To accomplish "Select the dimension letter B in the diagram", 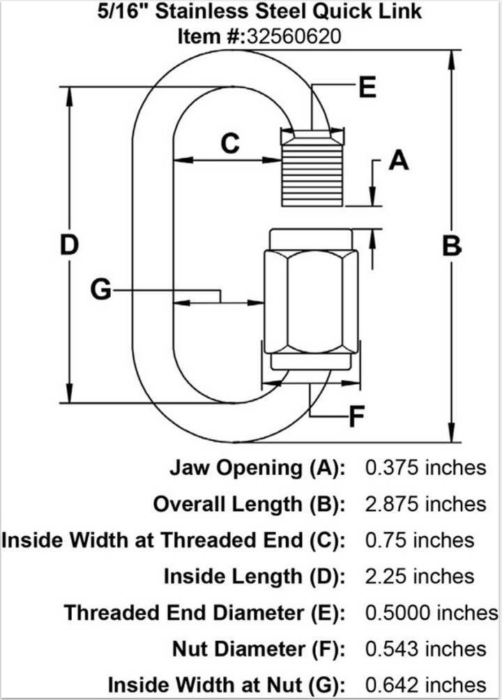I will (452, 245).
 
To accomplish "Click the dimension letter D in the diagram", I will (68, 245).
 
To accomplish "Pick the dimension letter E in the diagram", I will (365, 88).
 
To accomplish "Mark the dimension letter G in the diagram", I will (102, 289).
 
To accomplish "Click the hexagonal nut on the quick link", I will (310, 301).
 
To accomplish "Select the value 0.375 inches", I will (425, 467).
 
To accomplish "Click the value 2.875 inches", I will (425, 503).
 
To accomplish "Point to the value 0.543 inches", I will (425, 648).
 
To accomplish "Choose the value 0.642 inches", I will (425, 685).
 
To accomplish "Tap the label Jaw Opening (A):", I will (257, 467).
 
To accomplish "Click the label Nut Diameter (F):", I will (259, 648).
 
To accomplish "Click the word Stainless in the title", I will (215, 12).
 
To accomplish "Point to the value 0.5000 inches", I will (431, 612).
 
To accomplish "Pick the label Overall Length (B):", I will (249, 503).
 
